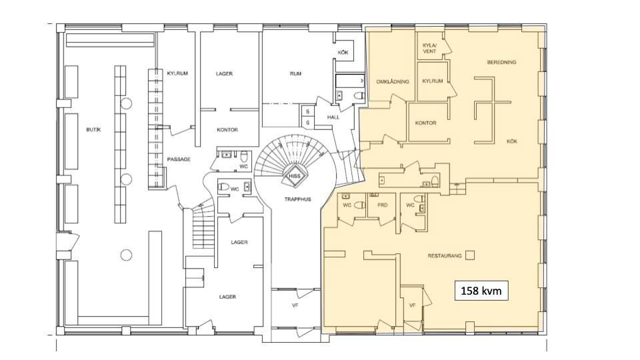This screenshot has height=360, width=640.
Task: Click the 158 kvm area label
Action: [x=481, y=291]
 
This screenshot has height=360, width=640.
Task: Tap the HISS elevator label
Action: [x=294, y=176]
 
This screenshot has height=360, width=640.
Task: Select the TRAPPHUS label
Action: [x=297, y=199]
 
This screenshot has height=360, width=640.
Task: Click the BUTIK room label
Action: [x=93, y=129]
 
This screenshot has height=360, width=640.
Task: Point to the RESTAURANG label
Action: [x=445, y=256]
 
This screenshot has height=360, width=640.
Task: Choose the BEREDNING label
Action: [x=501, y=63]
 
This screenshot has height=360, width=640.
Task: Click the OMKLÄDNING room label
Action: [x=392, y=81]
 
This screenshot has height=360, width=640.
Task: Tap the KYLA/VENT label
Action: [x=429, y=48]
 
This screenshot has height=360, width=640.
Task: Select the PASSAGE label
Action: [x=179, y=159]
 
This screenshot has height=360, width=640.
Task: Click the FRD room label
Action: [x=383, y=205]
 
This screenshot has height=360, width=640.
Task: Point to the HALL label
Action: [x=333, y=117]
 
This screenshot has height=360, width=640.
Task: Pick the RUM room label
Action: [x=295, y=74]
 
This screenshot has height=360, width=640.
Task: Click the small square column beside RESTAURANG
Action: [x=470, y=255]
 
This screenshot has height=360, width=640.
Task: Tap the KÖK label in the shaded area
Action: [x=512, y=141]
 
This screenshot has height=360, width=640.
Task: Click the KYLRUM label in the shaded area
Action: [x=432, y=81]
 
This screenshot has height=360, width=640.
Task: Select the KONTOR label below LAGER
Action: [x=227, y=130]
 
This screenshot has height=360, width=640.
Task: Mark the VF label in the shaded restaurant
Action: [x=412, y=305]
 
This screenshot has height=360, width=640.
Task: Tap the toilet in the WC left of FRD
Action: [x=359, y=205]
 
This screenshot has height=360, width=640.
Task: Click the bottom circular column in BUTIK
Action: [x=126, y=255]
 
